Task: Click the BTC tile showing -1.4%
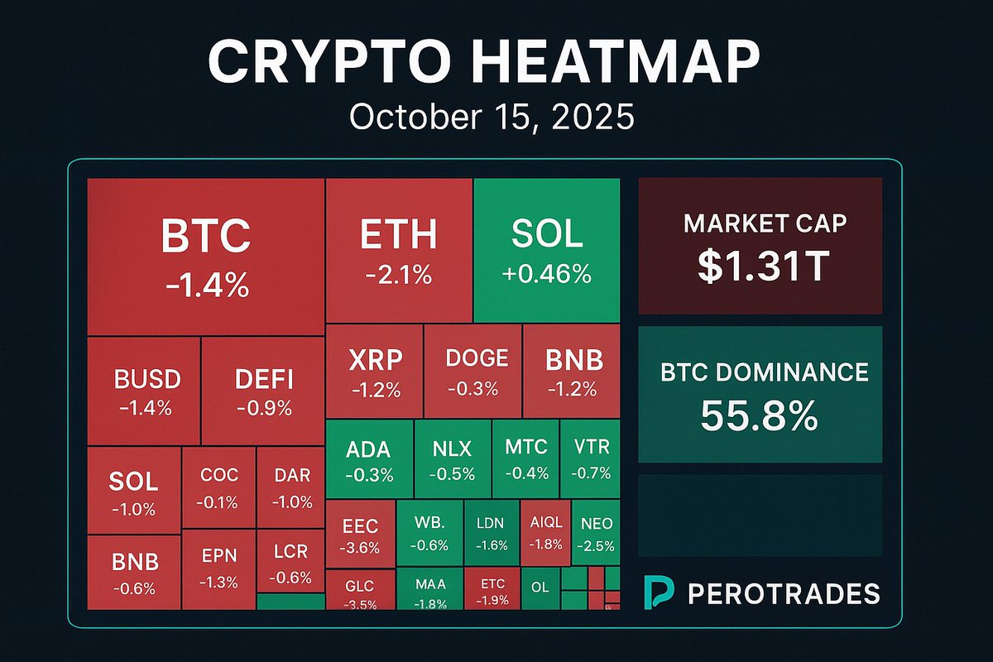point(205,257)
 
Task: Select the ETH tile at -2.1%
point(399,250)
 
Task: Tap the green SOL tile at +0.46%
point(546,250)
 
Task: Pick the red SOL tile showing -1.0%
point(133,493)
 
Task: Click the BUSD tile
point(146,391)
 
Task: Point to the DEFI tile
point(264,391)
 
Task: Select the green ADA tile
point(368,458)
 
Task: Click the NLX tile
point(453,458)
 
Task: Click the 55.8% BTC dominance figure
point(760,415)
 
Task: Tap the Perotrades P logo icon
point(659,592)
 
